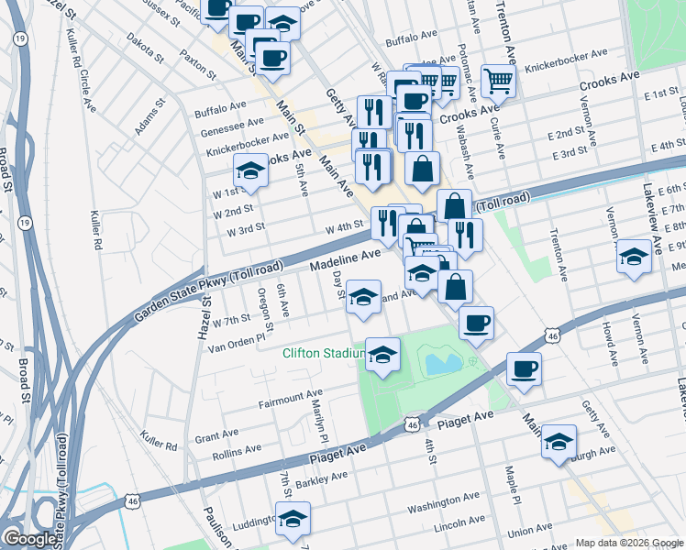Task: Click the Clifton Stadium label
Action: pos(322,353)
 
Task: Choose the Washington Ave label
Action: pos(444,501)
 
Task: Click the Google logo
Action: pos(30,539)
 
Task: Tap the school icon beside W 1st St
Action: pos(250,170)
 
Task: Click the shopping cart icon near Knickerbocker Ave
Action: pos(497,80)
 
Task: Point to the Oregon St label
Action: pos(264,309)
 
